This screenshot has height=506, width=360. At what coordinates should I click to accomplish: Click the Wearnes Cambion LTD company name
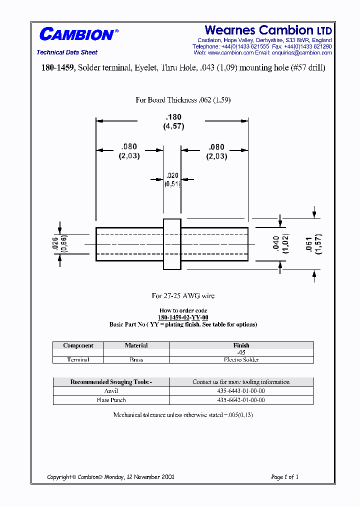pos(268,30)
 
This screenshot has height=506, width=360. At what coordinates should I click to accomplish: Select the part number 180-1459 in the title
pos(57,68)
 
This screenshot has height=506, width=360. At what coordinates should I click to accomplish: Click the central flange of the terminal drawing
pos(172,244)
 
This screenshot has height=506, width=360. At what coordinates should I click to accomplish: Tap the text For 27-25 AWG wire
pos(183,296)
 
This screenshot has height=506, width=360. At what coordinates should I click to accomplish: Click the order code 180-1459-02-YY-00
pos(183,317)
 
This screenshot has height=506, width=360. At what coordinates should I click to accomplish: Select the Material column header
pos(136,345)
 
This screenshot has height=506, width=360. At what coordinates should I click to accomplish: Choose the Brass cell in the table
pos(136,359)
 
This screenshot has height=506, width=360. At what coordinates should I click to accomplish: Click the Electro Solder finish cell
pos(241,359)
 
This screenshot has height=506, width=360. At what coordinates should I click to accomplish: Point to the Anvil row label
pos(111,391)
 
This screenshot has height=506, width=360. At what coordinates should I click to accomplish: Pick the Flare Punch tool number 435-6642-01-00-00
pos(241,400)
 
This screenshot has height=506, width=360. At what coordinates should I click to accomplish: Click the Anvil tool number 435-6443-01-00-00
pos(241,391)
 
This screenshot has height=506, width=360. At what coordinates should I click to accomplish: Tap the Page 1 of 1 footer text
pos(284,477)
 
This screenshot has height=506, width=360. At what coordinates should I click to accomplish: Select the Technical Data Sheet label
pos(67,52)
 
